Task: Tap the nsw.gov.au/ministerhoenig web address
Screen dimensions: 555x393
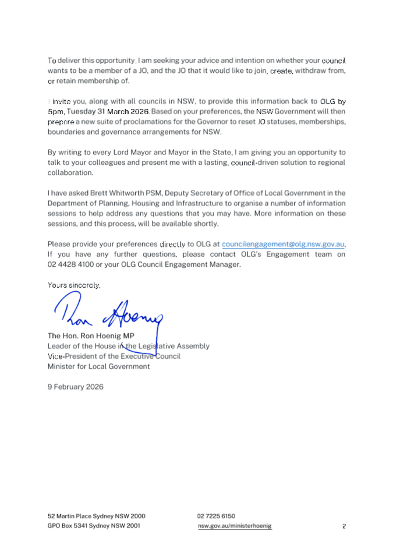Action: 235,525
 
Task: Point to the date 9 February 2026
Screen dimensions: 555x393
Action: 75,386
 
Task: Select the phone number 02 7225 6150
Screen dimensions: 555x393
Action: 216,515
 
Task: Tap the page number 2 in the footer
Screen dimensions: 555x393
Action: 344,526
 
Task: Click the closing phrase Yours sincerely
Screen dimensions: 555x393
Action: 74,285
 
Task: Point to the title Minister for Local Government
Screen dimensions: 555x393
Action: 98,366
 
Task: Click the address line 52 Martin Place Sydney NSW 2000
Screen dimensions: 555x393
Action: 96,515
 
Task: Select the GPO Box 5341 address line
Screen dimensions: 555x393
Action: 94,525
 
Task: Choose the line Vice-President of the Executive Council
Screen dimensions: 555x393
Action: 114,356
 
